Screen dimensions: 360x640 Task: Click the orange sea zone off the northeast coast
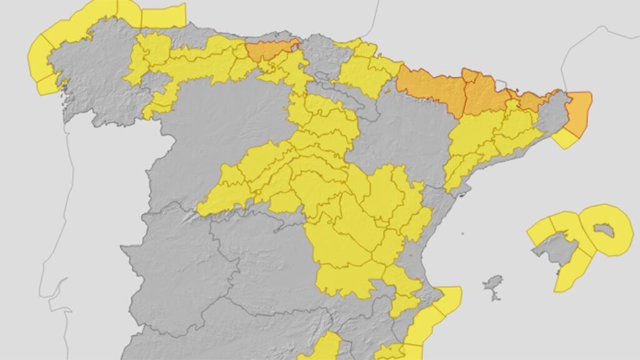(x=579, y=112)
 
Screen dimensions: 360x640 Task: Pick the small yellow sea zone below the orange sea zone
(x=566, y=139)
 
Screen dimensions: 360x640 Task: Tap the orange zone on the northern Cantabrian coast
(x=269, y=49)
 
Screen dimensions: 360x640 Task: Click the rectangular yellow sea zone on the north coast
(x=164, y=16)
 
